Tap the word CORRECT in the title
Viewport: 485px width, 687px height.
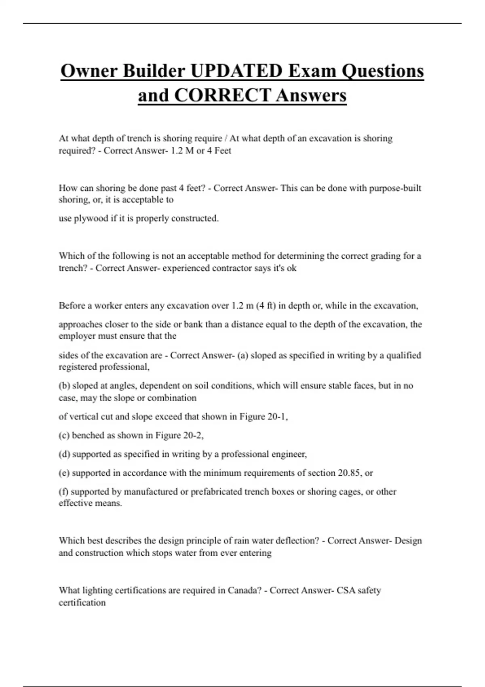click(x=223, y=95)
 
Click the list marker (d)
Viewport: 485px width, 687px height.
click(x=64, y=454)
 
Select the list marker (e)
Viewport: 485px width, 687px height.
click(x=64, y=473)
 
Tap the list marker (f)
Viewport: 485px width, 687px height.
click(x=63, y=492)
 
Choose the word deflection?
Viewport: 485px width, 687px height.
click(x=296, y=541)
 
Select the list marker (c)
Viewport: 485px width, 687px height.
click(x=64, y=435)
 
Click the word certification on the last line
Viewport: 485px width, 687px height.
click(x=82, y=603)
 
